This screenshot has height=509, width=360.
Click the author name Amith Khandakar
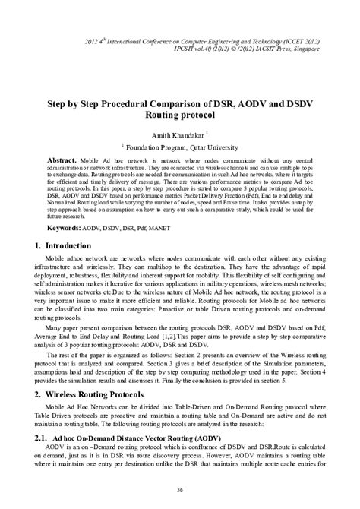click(177, 134)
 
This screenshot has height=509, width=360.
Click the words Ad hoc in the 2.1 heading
click(73, 440)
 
